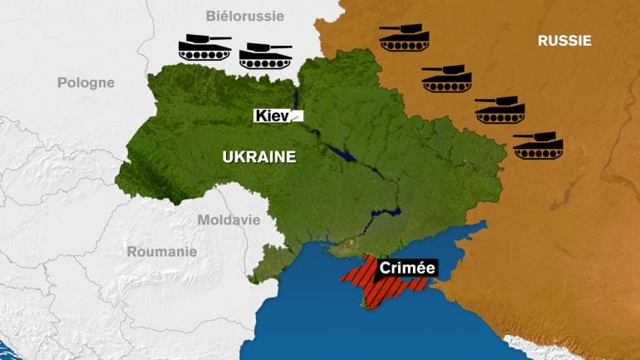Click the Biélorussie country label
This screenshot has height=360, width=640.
(x=245, y=16)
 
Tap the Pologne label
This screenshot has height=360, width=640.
(x=86, y=82)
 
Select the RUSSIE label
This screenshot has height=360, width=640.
(x=564, y=40)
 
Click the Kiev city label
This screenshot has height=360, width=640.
(x=273, y=116)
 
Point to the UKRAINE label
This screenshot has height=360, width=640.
(x=258, y=156)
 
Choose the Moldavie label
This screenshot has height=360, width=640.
(x=229, y=220)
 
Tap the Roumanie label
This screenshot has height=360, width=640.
(x=162, y=251)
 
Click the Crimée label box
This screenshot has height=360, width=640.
(x=407, y=268)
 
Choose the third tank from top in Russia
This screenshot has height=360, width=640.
(x=500, y=109)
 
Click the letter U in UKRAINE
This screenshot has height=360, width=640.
(x=226, y=156)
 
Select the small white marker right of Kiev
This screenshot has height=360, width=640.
(x=297, y=116)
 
